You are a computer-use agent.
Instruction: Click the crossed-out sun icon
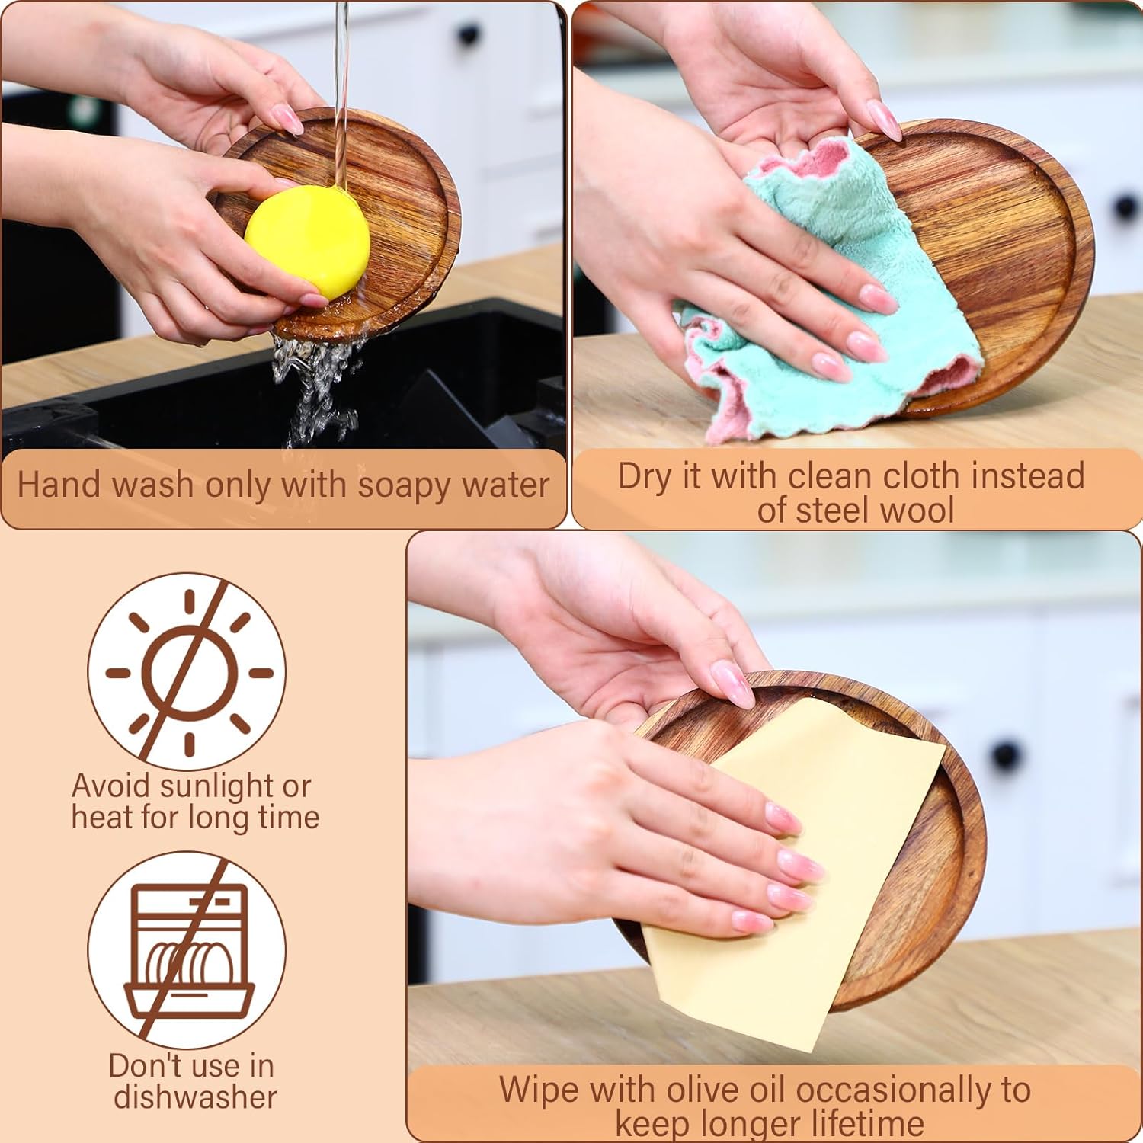pyautogui.click(x=187, y=671)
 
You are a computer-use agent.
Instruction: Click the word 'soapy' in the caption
pyautogui.click(x=411, y=485)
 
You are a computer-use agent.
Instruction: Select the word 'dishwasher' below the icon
pyautogui.click(x=195, y=1097)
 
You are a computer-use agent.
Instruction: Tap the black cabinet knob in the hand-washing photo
pyautogui.click(x=468, y=35)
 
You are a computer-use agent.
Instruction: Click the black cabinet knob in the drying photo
pyautogui.click(x=1125, y=207)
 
